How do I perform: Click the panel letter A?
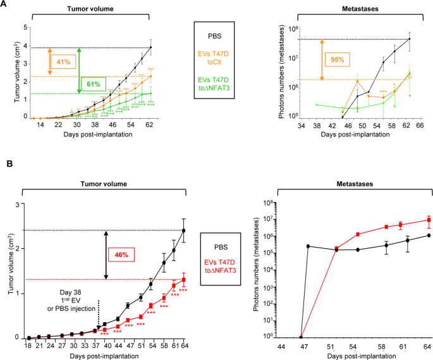point(4,4)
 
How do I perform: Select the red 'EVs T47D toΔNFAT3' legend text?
point(216,265)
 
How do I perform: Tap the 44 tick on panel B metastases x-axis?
point(279,347)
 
